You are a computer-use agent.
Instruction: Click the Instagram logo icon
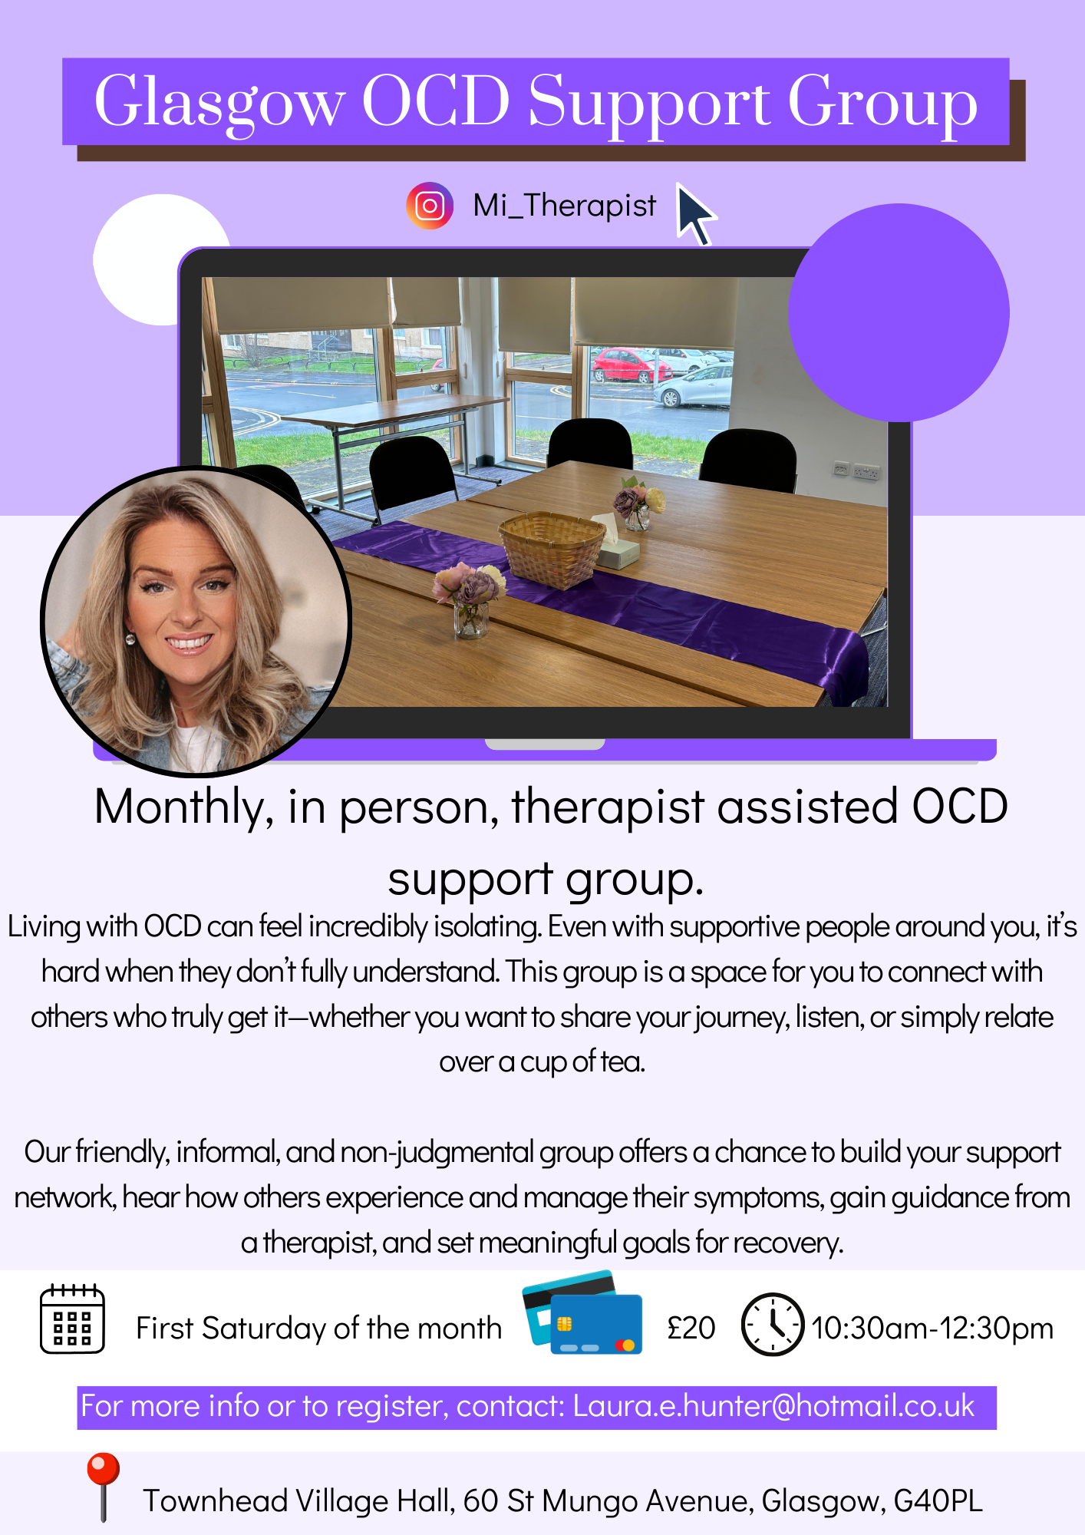(430, 206)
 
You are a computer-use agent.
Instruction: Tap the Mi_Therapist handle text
(565, 206)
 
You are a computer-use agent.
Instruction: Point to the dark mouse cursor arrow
(695, 214)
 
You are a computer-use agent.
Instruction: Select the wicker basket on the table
(552, 548)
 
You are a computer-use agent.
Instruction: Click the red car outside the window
(630, 365)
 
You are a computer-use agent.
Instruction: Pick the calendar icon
(72, 1318)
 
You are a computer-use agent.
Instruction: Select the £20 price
(691, 1328)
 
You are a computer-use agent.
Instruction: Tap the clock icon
(773, 1324)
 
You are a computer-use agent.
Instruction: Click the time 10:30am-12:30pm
(932, 1328)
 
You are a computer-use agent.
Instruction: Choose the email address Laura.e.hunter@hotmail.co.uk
(773, 1406)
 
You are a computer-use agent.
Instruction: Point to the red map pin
(103, 1485)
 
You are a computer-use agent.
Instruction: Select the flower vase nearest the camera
(470, 602)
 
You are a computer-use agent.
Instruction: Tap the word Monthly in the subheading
(184, 807)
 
